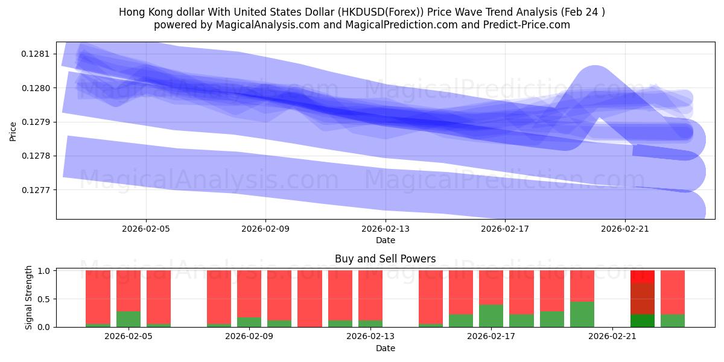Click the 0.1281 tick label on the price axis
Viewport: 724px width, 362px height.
click(x=38, y=54)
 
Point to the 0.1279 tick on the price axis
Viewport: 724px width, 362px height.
click(x=38, y=122)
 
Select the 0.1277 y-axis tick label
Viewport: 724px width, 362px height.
click(x=38, y=189)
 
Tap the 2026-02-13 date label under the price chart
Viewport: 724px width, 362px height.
click(x=386, y=229)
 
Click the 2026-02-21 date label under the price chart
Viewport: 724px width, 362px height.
click(x=625, y=229)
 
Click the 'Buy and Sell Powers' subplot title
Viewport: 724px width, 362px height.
click(x=386, y=259)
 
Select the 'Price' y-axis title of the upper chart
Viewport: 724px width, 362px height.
click(x=13, y=132)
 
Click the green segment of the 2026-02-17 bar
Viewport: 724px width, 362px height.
click(x=491, y=316)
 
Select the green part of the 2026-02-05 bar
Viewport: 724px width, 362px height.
click(x=129, y=319)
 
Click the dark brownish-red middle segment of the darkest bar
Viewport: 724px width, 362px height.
click(x=643, y=299)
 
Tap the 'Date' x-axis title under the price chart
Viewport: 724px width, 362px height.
click(x=386, y=240)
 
